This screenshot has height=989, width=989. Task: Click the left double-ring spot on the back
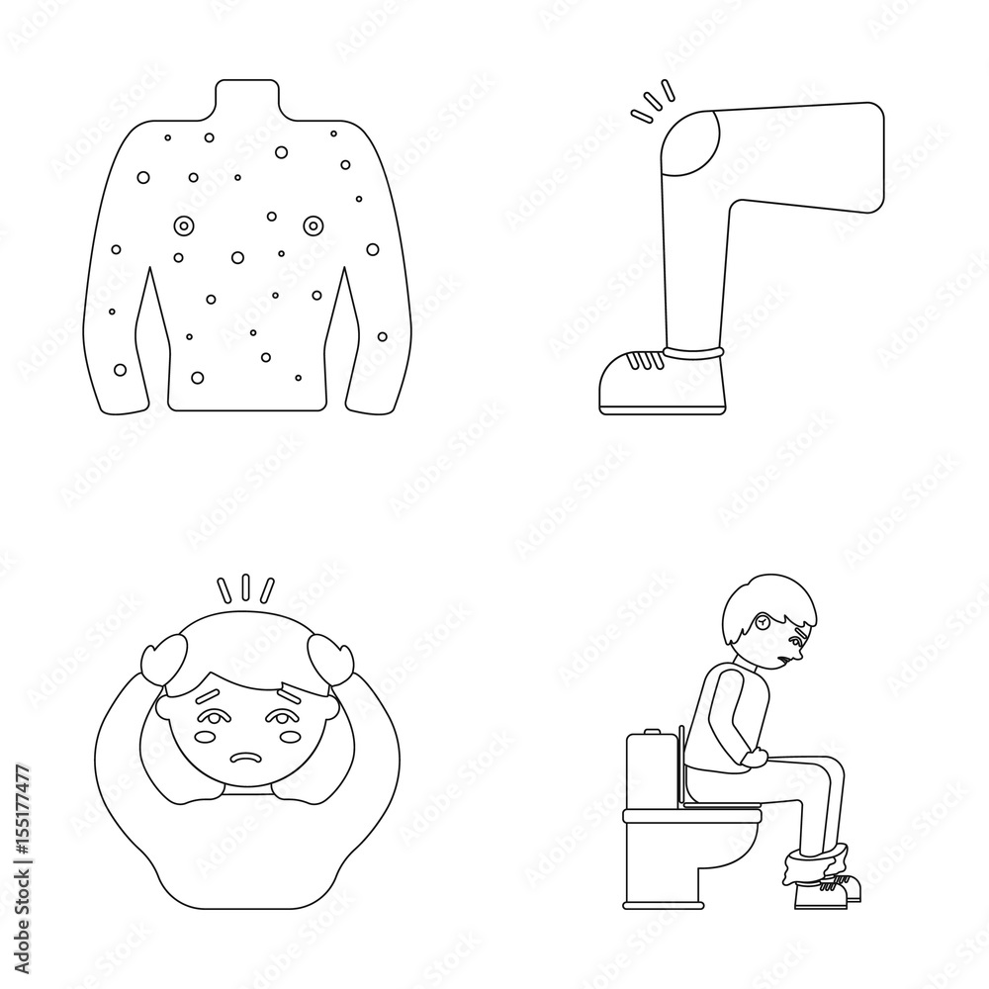184,226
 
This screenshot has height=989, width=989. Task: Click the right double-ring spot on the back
314,226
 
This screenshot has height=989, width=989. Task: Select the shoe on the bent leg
654,382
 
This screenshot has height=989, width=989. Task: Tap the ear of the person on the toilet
765,622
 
